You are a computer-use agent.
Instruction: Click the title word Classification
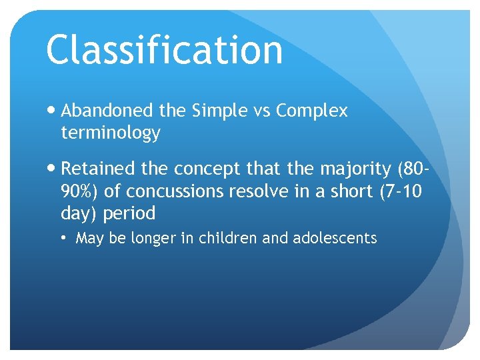click(x=164, y=50)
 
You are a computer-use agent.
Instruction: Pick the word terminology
click(x=110, y=133)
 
